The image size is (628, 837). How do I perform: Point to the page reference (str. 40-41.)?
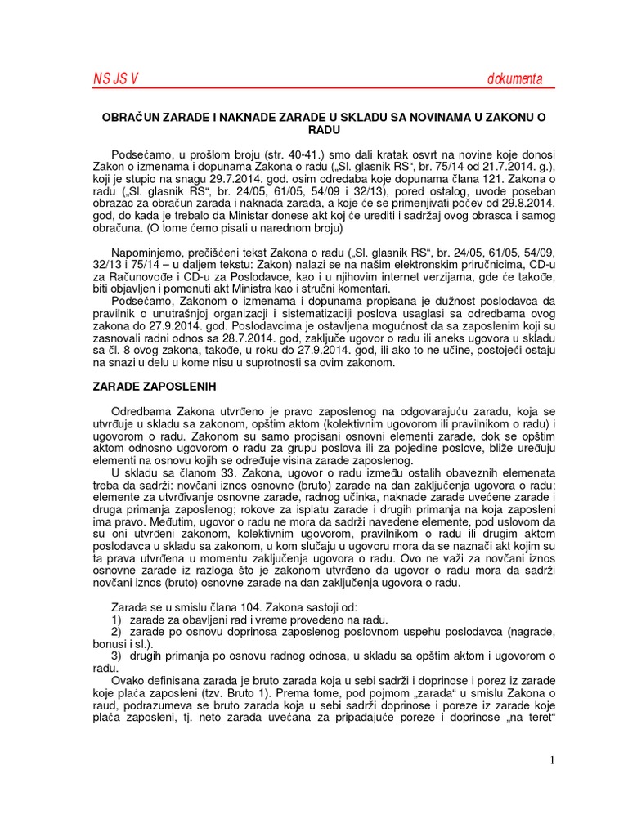tap(246, 154)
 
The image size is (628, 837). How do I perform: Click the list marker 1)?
tap(116, 620)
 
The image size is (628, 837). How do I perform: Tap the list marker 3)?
tap(116, 656)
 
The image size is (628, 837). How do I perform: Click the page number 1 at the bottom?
tap(553, 761)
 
